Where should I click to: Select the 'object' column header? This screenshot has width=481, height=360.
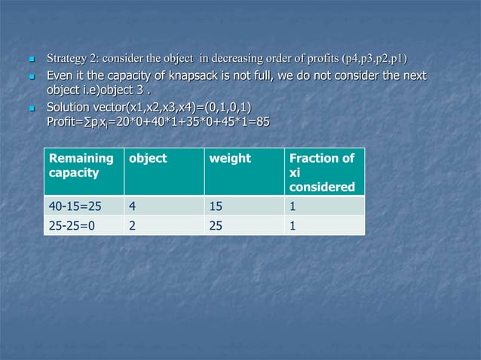148,159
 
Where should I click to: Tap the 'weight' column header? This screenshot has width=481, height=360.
230,159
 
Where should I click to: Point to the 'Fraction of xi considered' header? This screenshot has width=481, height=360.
322,172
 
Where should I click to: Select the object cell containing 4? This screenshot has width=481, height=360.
133,206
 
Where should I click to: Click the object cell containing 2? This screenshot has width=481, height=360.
133,225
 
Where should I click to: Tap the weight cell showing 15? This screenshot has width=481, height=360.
216,206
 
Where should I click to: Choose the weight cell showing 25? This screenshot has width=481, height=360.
216,225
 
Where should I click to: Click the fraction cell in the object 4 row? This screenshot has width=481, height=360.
293,206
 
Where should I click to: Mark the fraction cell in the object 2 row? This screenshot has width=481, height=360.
293,225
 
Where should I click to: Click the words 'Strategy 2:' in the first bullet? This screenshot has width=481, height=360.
72,58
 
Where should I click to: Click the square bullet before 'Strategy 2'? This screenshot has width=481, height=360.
31,59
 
